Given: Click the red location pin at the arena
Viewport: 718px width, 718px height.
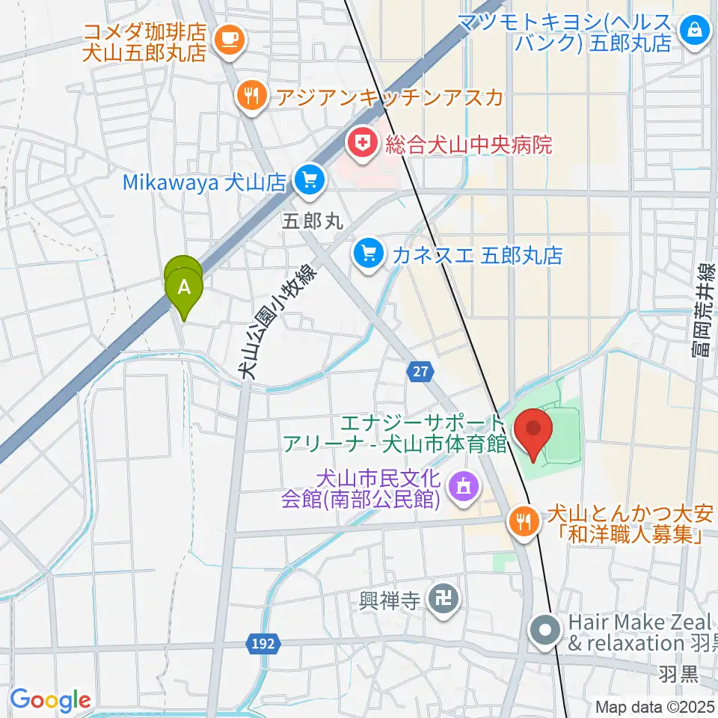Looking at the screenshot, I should coord(534,432).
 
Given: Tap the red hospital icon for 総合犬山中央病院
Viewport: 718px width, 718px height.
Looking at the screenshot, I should coord(362,143).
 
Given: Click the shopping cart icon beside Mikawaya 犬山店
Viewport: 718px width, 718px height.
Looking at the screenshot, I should coord(309,180).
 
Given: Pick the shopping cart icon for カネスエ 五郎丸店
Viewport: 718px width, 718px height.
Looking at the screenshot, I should coord(367,254).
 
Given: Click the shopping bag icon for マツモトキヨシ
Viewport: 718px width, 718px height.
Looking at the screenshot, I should coord(695,31).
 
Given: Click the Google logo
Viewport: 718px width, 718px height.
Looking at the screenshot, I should coord(50,699).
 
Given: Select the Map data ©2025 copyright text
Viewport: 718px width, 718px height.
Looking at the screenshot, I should coord(655,706).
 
